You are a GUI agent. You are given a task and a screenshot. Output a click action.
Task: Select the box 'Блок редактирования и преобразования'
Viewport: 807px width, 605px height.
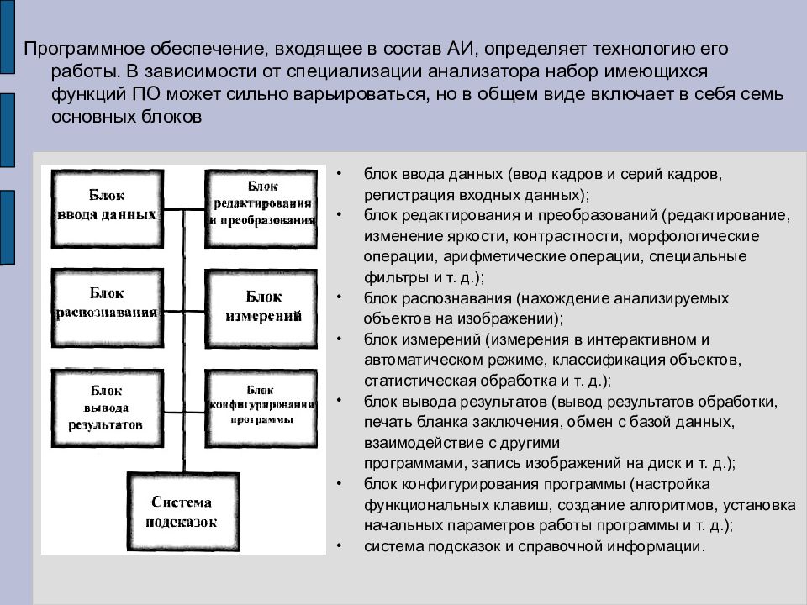click(x=261, y=205)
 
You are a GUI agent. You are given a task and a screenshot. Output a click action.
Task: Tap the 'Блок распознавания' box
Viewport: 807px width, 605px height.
click(x=106, y=303)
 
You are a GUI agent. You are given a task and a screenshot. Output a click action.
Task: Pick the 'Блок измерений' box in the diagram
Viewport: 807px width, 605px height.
click(x=261, y=307)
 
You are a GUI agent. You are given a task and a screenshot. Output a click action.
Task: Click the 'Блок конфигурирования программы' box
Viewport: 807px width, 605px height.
click(x=261, y=405)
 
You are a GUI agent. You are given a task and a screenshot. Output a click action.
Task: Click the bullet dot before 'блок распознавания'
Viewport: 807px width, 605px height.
click(x=338, y=297)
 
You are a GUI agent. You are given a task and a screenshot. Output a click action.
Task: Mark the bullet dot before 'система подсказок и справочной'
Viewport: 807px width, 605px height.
click(x=338, y=546)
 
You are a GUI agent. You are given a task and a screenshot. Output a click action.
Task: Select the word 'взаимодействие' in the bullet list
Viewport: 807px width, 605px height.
click(x=413, y=442)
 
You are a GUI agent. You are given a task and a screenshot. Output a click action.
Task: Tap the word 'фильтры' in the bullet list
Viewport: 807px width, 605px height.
click(x=388, y=276)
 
